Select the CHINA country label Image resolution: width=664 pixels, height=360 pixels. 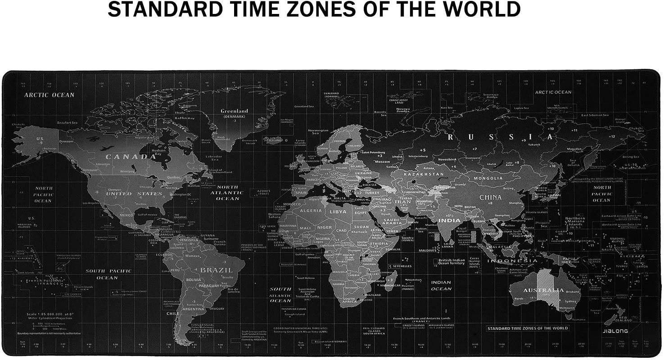[x=490, y=197]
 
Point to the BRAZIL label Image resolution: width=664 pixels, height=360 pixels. [x=217, y=270]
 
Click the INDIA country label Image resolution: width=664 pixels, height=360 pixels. [x=449, y=220]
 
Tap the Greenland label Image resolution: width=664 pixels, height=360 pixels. [x=234, y=111]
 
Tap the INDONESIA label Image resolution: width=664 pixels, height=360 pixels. [x=513, y=261]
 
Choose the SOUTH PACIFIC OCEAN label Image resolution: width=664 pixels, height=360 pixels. [x=108, y=274]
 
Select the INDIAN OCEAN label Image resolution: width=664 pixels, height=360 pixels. [x=441, y=286]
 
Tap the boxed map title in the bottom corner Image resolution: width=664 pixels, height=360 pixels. [x=528, y=328]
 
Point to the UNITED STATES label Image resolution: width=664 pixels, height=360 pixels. [x=134, y=193]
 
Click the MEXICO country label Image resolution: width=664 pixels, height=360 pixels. [x=126, y=216]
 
